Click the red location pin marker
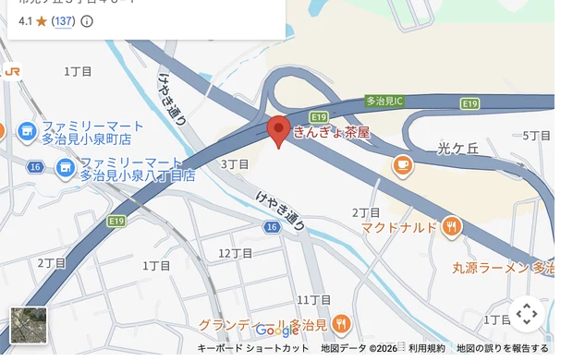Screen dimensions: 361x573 click(278, 130)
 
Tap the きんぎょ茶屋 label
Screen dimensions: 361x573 click(331, 133)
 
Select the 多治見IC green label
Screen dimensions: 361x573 click(384, 100)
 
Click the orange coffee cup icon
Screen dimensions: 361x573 click(402, 165)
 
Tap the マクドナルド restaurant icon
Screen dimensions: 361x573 click(452, 226)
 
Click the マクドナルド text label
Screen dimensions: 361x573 click(398, 227)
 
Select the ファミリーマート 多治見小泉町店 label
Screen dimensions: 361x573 click(92, 132)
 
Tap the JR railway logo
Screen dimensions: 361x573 click(12, 70)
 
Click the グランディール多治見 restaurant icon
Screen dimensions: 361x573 click(341, 323)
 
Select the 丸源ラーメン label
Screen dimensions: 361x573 click(503, 268)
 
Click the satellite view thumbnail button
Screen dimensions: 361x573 click(29, 325)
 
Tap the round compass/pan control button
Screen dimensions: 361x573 click(527, 314)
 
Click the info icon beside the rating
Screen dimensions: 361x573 click(87, 20)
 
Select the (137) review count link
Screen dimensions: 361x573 click(64, 20)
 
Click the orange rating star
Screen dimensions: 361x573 click(42, 20)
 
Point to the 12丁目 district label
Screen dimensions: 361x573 click(236, 253)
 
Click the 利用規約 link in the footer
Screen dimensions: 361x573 click(427, 349)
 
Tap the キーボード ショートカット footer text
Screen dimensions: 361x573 click(253, 349)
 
